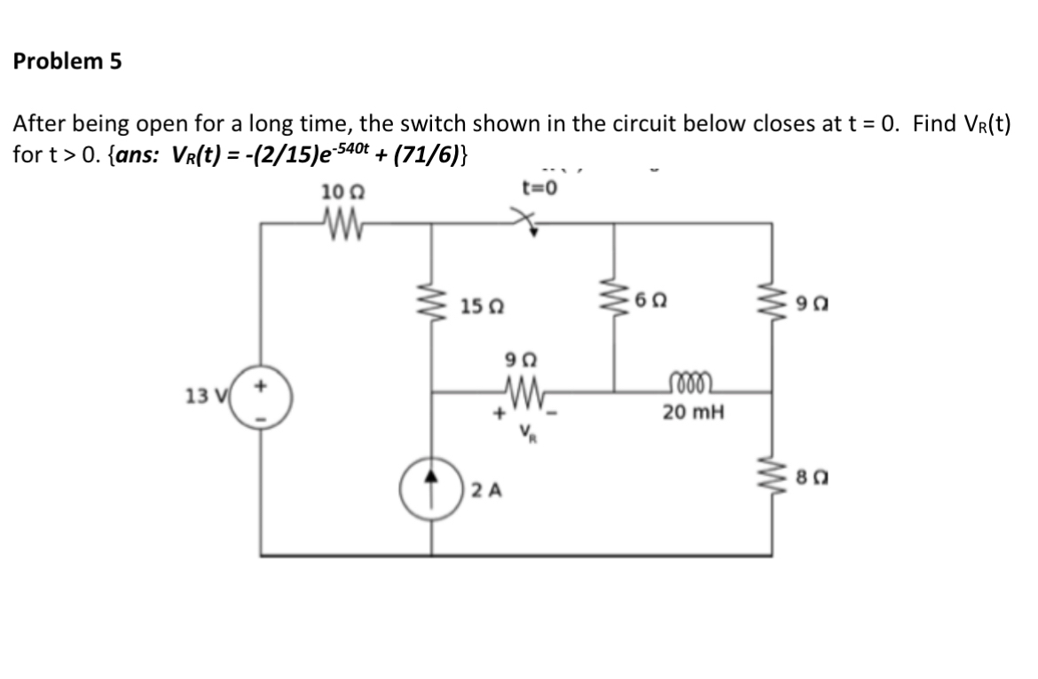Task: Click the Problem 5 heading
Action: (x=67, y=62)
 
